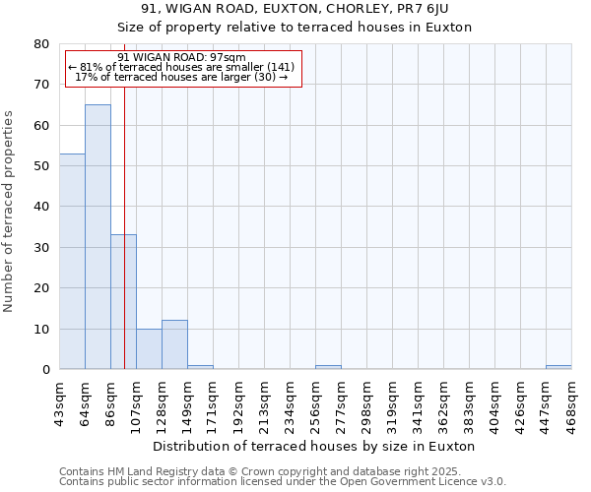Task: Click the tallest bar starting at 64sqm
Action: pos(98,236)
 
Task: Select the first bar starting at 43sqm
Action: pos(72,261)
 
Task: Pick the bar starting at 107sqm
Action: pos(149,348)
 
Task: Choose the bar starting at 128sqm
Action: pos(174,344)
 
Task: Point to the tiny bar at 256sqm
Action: pos(328,367)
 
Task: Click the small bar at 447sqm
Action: pos(558,367)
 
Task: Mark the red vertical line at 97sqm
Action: pos(124,197)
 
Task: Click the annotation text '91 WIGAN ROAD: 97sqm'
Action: pos(181,57)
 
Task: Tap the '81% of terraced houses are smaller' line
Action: pos(181,67)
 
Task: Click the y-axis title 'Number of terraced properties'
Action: pos(10,211)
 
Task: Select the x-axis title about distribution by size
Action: pos(314,446)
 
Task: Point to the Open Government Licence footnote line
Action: pos(283,482)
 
